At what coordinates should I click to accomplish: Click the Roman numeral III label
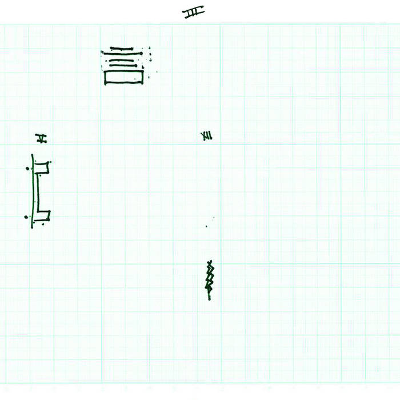point(194,12)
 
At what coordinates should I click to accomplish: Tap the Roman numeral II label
point(41,138)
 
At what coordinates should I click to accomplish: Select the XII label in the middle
point(207,135)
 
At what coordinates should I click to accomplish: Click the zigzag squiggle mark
point(209,280)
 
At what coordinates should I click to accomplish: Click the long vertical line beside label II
point(33,191)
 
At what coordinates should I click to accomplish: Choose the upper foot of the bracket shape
point(43,167)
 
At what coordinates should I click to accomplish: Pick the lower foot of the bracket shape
point(44,216)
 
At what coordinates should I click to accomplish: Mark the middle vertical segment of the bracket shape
point(38,191)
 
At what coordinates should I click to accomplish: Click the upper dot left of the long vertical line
point(27,169)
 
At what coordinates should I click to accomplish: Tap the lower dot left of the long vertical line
point(26,217)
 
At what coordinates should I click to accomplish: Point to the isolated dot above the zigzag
point(207,227)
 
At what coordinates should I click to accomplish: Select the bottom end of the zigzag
point(209,299)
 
